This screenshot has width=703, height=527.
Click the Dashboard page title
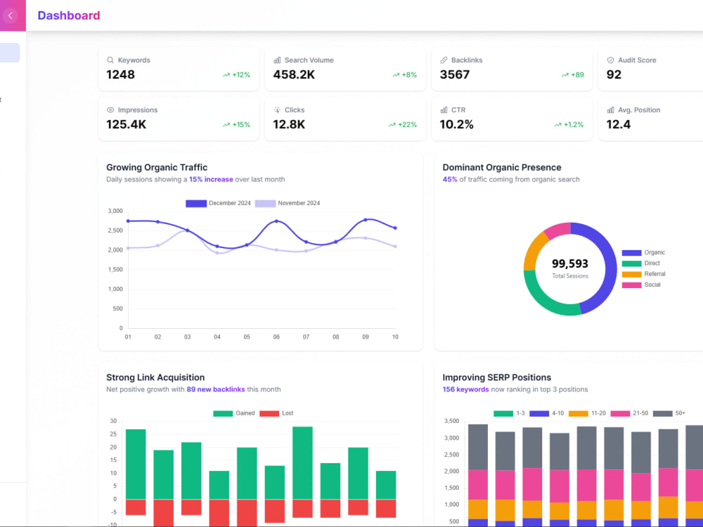pos(69,15)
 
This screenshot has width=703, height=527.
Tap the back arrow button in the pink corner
pos(11,15)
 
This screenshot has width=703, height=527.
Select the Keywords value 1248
pos(121,74)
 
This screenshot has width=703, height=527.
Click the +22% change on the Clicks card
pos(403,124)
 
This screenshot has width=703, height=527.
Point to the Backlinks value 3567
pos(455,74)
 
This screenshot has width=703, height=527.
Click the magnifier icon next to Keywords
pos(110,60)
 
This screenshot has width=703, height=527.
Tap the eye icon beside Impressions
pos(110,110)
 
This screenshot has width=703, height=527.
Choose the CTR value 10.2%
pos(456,124)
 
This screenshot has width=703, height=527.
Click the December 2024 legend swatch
pos(196,204)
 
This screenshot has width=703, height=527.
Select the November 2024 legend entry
pos(288,204)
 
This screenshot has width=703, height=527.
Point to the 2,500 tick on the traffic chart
pos(115,230)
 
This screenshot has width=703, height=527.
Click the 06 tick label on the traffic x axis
pos(276,337)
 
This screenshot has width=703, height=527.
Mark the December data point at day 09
pos(366,219)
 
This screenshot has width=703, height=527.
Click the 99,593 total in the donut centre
pos(570,263)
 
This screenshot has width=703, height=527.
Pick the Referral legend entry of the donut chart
pos(643,274)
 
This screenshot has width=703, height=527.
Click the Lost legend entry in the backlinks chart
pos(276,413)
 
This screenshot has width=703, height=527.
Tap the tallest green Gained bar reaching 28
pos(302,462)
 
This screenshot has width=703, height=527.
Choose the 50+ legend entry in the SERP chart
pos(669,413)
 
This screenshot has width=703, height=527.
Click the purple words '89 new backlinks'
pos(216,389)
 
